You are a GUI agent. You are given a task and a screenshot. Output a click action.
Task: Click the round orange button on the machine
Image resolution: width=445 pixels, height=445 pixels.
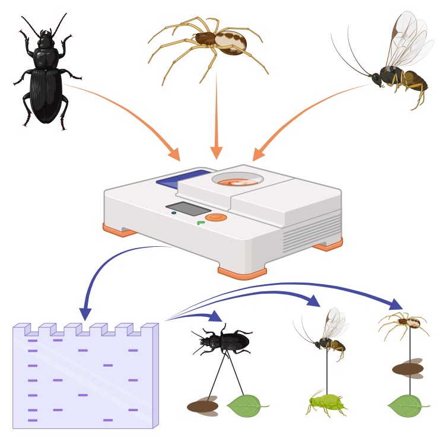216,218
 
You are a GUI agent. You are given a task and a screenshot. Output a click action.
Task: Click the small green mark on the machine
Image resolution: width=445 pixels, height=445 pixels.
201,223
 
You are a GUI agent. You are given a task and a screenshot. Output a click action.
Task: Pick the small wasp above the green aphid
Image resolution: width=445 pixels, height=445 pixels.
329,338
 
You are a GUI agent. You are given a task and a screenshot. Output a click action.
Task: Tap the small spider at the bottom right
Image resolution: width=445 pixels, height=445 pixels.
406,323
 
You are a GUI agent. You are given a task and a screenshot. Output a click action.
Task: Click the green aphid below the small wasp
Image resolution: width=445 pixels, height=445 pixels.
326,405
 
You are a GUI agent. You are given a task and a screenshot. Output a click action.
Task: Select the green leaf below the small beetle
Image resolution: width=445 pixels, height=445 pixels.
245,405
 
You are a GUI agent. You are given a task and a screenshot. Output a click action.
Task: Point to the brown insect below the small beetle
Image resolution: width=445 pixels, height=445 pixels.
202,406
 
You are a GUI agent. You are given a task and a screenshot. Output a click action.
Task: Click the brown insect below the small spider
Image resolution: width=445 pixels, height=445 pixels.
408,369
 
